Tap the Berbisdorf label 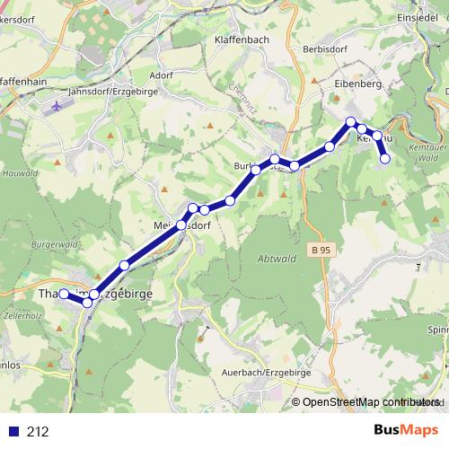[325, 48]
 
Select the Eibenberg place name [358, 83]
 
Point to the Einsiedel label [417, 17]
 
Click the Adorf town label [163, 75]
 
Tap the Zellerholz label [20, 316]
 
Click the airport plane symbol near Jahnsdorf [58, 106]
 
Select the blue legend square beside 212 [13, 432]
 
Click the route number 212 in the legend [38, 432]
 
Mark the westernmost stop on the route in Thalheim [64, 294]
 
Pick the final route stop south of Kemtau [386, 159]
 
